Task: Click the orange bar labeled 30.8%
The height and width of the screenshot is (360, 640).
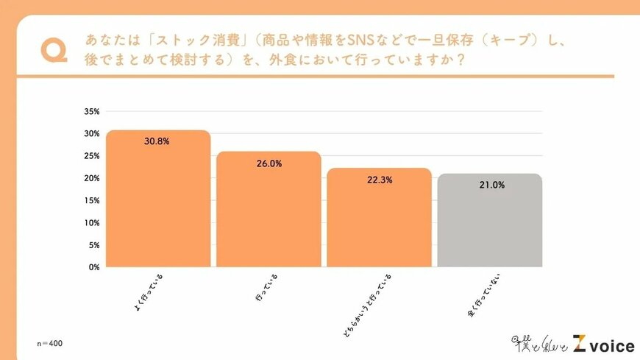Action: click(158, 199)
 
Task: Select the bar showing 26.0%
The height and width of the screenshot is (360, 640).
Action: click(269, 210)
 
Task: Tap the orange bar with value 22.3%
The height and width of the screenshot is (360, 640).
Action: click(379, 218)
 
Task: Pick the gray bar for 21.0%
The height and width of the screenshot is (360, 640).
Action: click(490, 221)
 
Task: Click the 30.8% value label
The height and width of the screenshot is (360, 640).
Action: click(158, 141)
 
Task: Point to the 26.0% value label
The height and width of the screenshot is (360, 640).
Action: click(269, 164)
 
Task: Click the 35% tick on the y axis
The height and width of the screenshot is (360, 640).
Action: click(91, 112)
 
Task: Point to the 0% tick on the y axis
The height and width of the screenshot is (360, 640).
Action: click(93, 267)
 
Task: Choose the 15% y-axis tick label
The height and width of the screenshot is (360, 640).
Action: click(91, 200)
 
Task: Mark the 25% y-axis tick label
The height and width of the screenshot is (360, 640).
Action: click(91, 156)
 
